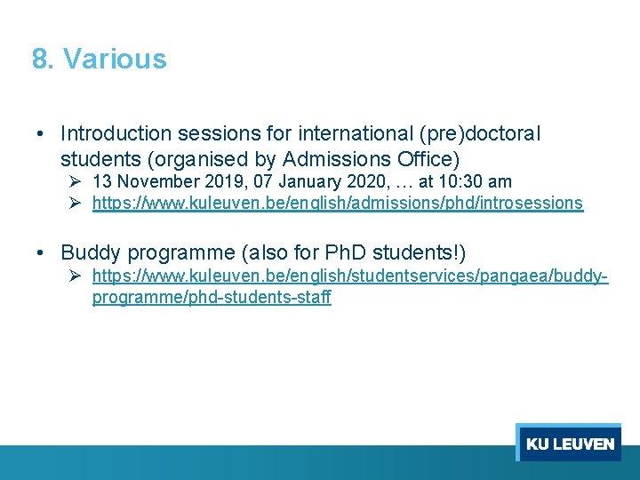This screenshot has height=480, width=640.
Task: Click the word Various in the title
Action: (115, 60)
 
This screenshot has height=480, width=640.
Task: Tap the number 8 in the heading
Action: (39, 60)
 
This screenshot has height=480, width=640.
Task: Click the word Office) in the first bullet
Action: (429, 160)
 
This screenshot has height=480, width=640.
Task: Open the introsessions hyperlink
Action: (338, 204)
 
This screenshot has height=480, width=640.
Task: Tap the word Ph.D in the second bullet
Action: (323, 252)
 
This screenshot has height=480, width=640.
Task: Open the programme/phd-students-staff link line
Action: (212, 298)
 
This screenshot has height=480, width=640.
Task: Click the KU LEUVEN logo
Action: (569, 443)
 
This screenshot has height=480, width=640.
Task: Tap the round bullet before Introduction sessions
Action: (42, 134)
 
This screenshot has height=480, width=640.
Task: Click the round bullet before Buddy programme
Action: (42, 252)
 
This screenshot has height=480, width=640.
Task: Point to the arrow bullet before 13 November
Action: (76, 182)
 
